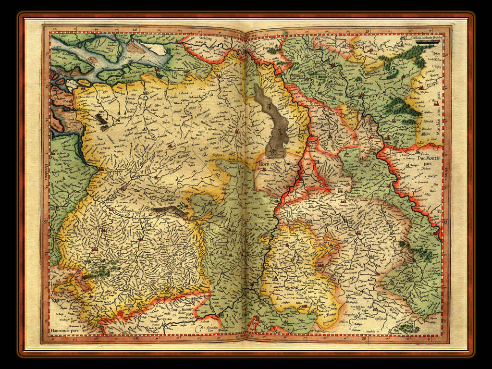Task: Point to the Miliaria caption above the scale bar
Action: pos(425,37)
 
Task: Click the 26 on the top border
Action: pos(136,30)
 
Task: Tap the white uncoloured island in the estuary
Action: pos(157,49)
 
